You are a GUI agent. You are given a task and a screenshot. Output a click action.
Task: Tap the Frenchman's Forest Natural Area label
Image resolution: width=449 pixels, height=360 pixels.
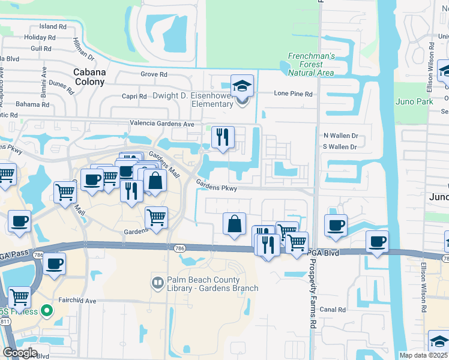310,64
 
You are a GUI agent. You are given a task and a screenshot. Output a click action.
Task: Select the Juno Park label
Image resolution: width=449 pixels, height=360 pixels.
414,101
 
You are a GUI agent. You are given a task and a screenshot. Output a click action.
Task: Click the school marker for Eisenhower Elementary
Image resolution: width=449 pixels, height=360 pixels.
243,87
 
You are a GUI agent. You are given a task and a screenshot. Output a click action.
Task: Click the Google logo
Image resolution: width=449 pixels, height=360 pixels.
19,353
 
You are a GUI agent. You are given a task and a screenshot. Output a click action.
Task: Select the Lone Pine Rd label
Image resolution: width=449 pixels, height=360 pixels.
294,94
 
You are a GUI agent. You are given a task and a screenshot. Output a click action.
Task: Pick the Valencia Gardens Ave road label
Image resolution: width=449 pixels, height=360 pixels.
163,124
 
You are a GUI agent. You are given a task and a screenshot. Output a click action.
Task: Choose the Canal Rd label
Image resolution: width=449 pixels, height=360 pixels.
333,310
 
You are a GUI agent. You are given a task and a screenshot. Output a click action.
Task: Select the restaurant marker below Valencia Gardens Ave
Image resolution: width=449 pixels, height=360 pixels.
223,137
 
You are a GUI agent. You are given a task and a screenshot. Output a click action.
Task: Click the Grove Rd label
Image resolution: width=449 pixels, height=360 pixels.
154,74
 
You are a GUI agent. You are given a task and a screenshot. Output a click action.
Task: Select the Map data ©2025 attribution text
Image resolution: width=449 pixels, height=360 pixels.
424,355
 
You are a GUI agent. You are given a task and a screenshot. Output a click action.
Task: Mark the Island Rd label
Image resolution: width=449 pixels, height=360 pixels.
53,27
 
